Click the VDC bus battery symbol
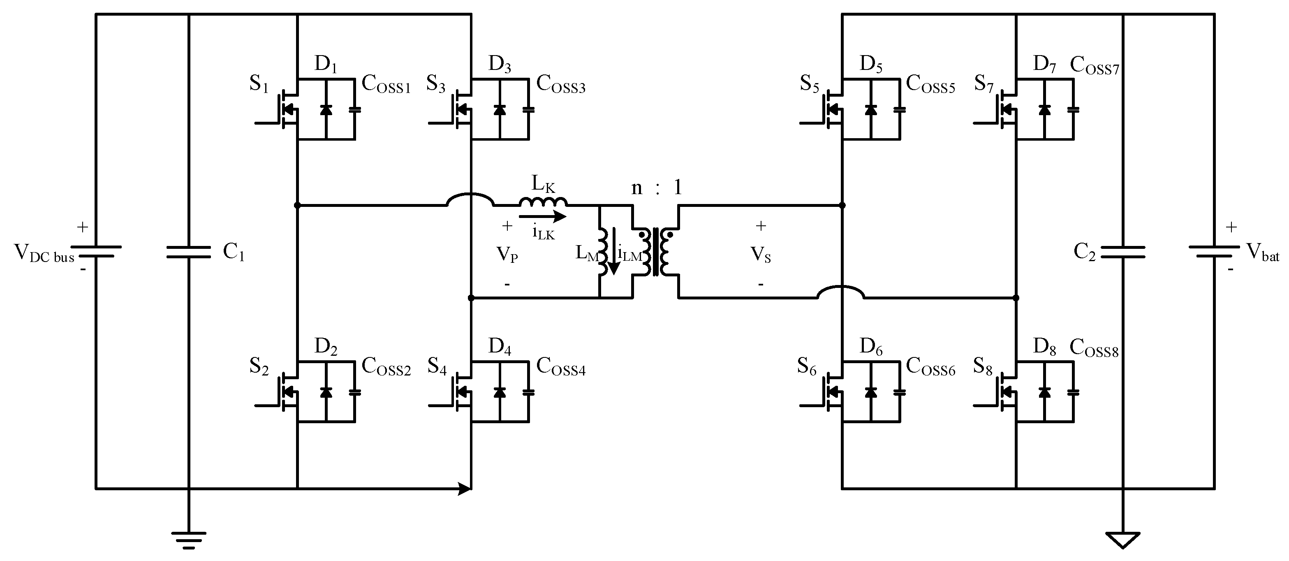[95, 251]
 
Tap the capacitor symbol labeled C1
[189, 252]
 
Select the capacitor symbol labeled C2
[1123, 252]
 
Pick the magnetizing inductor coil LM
[602, 252]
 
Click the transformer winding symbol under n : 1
[655, 252]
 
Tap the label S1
[259, 84]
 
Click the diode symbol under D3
[499, 109]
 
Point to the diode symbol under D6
[871, 392]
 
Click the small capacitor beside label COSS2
[355, 392]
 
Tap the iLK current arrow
[542, 216]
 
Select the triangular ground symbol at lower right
[1123, 540]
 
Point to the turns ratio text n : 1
[657, 188]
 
